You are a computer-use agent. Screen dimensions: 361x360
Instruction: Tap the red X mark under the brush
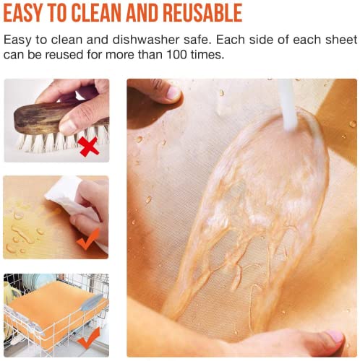click(90, 148)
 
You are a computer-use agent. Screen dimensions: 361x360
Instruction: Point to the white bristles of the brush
click(43, 142)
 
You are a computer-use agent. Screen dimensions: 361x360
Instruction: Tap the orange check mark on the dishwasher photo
click(88, 338)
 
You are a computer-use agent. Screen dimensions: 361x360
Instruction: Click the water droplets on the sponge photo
click(22, 231)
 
